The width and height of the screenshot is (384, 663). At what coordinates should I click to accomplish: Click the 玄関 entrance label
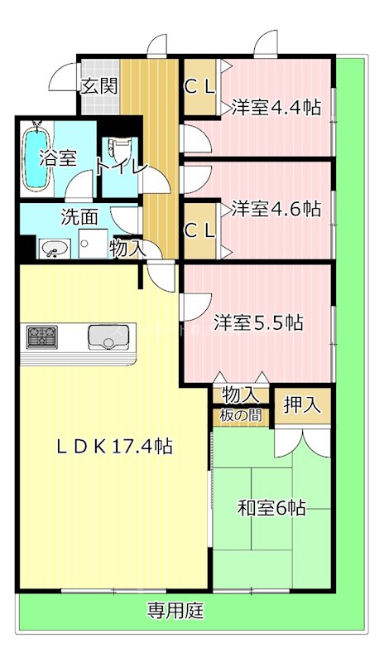(x=99, y=85)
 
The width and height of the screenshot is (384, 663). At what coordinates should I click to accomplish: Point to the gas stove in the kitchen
(x=41, y=336)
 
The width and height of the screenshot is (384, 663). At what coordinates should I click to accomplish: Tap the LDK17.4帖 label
(x=114, y=446)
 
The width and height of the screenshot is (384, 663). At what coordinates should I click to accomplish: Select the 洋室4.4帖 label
(x=276, y=107)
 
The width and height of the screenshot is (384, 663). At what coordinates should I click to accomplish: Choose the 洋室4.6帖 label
(x=276, y=208)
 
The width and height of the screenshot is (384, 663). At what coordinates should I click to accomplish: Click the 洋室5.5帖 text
(x=257, y=322)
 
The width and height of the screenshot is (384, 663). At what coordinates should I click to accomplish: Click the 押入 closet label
(x=302, y=405)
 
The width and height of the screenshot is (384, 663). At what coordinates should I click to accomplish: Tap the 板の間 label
(x=241, y=415)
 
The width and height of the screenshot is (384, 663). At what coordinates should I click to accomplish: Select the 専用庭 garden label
(x=175, y=612)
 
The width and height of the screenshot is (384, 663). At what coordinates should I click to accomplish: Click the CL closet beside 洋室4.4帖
(x=199, y=85)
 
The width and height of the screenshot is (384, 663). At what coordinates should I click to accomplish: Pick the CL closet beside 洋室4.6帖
(x=199, y=231)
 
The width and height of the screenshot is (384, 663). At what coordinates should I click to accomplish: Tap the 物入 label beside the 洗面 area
(x=127, y=247)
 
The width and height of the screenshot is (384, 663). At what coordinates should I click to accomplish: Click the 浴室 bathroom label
(x=59, y=158)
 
